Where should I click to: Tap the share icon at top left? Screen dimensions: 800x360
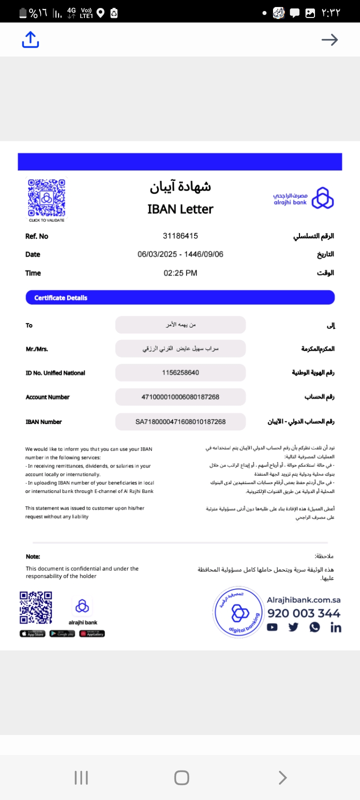30,39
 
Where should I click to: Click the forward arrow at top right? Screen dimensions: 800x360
329,39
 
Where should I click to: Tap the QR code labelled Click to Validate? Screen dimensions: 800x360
46,198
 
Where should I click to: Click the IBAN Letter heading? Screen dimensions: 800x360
180,209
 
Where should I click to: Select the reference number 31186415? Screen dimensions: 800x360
180,235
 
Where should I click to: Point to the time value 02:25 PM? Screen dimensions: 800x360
180,273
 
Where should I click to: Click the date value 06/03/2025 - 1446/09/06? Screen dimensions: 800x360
180,254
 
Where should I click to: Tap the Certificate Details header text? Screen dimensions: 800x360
60,297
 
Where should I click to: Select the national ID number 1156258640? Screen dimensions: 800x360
180,372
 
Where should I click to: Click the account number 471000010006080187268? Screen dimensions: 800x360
180,397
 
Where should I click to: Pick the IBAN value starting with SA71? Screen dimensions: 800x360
180,421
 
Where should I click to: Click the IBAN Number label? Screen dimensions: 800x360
43,422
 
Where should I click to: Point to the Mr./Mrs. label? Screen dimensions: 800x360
37,349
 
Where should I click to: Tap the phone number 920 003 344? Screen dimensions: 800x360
303,613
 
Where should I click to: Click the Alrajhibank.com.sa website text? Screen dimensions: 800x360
303,599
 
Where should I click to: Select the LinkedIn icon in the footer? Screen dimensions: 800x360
335,627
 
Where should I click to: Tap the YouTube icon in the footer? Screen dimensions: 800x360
272,627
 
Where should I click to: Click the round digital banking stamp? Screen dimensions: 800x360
239,612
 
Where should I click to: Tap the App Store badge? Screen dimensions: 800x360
32,633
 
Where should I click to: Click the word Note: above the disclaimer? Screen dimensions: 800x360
33,556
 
